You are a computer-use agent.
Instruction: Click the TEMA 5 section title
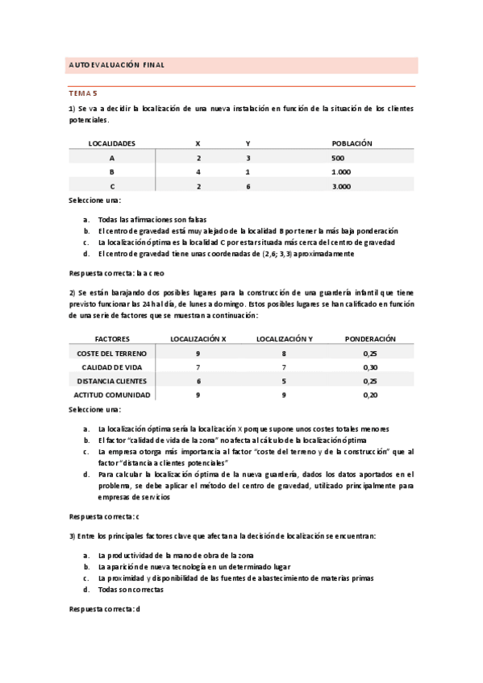tap(82, 94)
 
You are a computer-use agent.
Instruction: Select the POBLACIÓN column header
tap(352, 143)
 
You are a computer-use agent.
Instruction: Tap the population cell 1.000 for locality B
tap(341, 172)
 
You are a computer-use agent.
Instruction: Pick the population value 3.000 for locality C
tap(341, 187)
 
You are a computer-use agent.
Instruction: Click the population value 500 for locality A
tap(337, 158)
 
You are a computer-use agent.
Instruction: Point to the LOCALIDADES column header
tap(111, 143)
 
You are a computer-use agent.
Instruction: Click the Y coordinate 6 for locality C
tap(248, 187)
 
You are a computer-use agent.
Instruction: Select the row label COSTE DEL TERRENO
tap(111, 354)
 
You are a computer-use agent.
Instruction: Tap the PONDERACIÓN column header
tap(369, 339)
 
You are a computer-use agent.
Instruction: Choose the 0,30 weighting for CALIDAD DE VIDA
tap(369, 368)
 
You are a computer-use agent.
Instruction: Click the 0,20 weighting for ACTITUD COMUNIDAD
tap(369, 395)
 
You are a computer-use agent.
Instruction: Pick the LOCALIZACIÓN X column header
tap(198, 339)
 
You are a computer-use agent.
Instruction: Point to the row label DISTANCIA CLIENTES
tap(111, 381)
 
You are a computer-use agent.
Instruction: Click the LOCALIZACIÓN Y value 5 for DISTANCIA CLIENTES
tap(284, 381)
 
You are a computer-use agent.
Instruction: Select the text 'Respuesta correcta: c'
tap(105, 516)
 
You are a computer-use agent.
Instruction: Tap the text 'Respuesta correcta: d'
tap(105, 609)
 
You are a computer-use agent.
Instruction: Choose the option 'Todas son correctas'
tap(130, 590)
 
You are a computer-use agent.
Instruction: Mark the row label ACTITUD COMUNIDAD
tap(111, 395)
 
